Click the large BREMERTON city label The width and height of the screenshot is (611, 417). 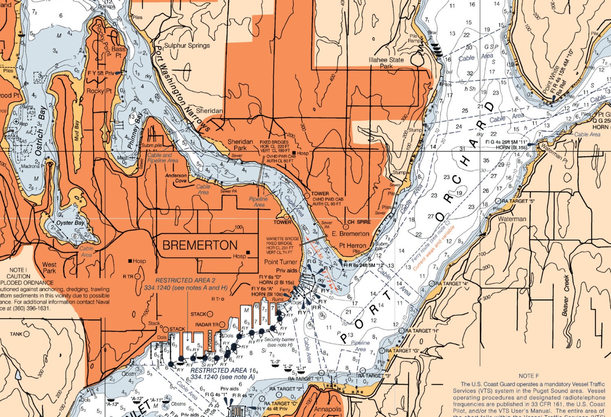point(200,245)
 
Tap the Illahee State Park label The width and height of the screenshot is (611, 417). point(386,63)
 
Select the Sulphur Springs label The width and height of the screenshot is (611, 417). point(187,45)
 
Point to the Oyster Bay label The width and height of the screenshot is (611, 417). point(70,223)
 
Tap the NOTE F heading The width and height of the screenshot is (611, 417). point(529,376)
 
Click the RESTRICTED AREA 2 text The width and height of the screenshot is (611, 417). point(185,281)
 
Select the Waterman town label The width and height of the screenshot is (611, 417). point(512,219)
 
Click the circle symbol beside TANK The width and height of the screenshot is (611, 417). point(26,334)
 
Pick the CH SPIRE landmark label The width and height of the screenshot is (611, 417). point(359,222)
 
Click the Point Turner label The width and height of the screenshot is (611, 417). point(280,262)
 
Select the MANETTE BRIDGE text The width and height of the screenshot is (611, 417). point(282,239)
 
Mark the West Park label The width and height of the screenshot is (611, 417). point(49,267)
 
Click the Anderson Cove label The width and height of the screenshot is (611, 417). point(176,178)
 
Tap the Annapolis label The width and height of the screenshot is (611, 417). point(327,410)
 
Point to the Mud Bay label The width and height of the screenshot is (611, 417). point(77,131)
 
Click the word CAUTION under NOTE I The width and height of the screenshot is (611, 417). point(18,276)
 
